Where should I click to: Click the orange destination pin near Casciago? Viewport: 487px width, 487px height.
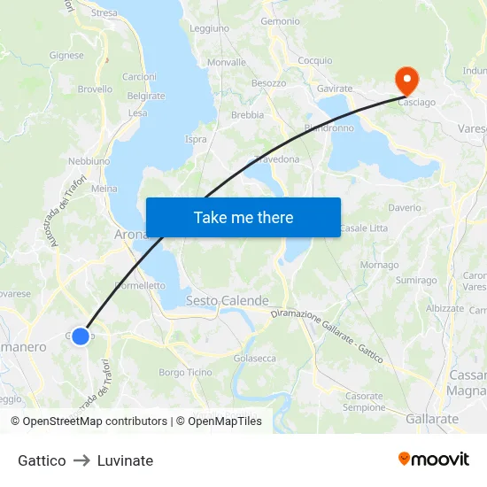(407, 81)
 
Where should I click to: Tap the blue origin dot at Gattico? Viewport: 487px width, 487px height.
(81, 336)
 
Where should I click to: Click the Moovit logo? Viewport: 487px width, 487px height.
(434, 460)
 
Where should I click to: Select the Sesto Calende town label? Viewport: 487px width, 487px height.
(227, 301)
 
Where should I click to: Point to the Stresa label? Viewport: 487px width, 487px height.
(104, 13)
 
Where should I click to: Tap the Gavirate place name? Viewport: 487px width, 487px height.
(335, 89)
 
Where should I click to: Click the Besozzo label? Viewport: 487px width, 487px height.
(268, 83)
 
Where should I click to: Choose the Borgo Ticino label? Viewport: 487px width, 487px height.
(185, 373)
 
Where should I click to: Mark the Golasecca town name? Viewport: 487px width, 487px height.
(254, 359)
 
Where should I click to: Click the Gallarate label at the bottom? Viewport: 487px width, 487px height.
(432, 419)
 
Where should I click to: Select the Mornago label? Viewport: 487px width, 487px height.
(379, 265)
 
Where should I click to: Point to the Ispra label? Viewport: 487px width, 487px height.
(196, 139)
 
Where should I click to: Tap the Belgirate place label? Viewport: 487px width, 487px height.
(146, 96)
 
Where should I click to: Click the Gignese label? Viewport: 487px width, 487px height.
(67, 55)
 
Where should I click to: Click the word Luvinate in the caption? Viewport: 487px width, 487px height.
(125, 460)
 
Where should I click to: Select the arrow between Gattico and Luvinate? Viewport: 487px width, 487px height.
(81, 460)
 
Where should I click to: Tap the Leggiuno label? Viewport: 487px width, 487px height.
(209, 28)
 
